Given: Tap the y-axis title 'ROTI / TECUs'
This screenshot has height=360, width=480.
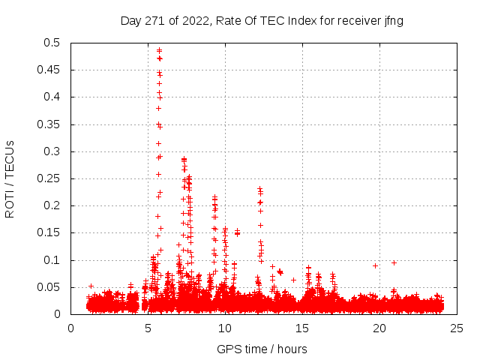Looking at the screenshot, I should coord(10,178).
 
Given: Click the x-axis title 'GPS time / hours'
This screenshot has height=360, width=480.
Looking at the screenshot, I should coord(262,349).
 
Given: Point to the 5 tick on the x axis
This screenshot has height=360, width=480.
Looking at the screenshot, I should coord(148,328).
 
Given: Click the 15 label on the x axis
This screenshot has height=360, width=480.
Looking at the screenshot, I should coord(303,328).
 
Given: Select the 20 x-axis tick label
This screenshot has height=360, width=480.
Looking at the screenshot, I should coord(380,328).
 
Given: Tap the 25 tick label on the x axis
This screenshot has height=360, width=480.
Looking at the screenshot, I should coord(457,328).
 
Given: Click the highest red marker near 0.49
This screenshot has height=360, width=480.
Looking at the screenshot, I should coord(159,50).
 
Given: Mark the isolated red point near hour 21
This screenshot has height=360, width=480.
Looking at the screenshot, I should coord(394,262).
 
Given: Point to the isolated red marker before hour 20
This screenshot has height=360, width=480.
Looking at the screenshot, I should coord(375,265).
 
